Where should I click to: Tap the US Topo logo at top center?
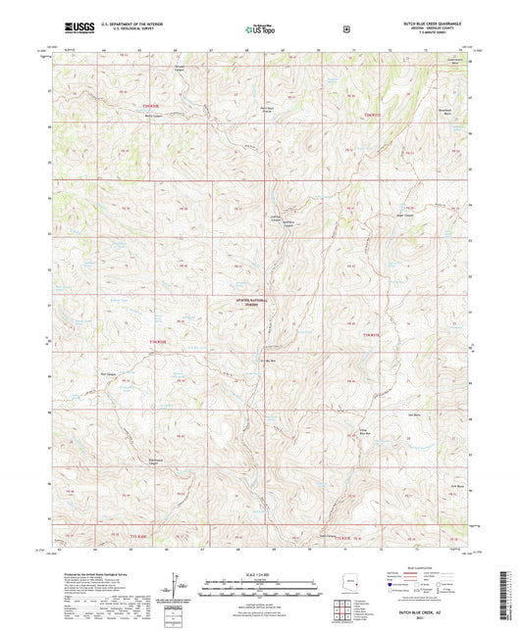[x=259, y=30]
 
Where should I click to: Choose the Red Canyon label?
[x=109, y=374]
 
